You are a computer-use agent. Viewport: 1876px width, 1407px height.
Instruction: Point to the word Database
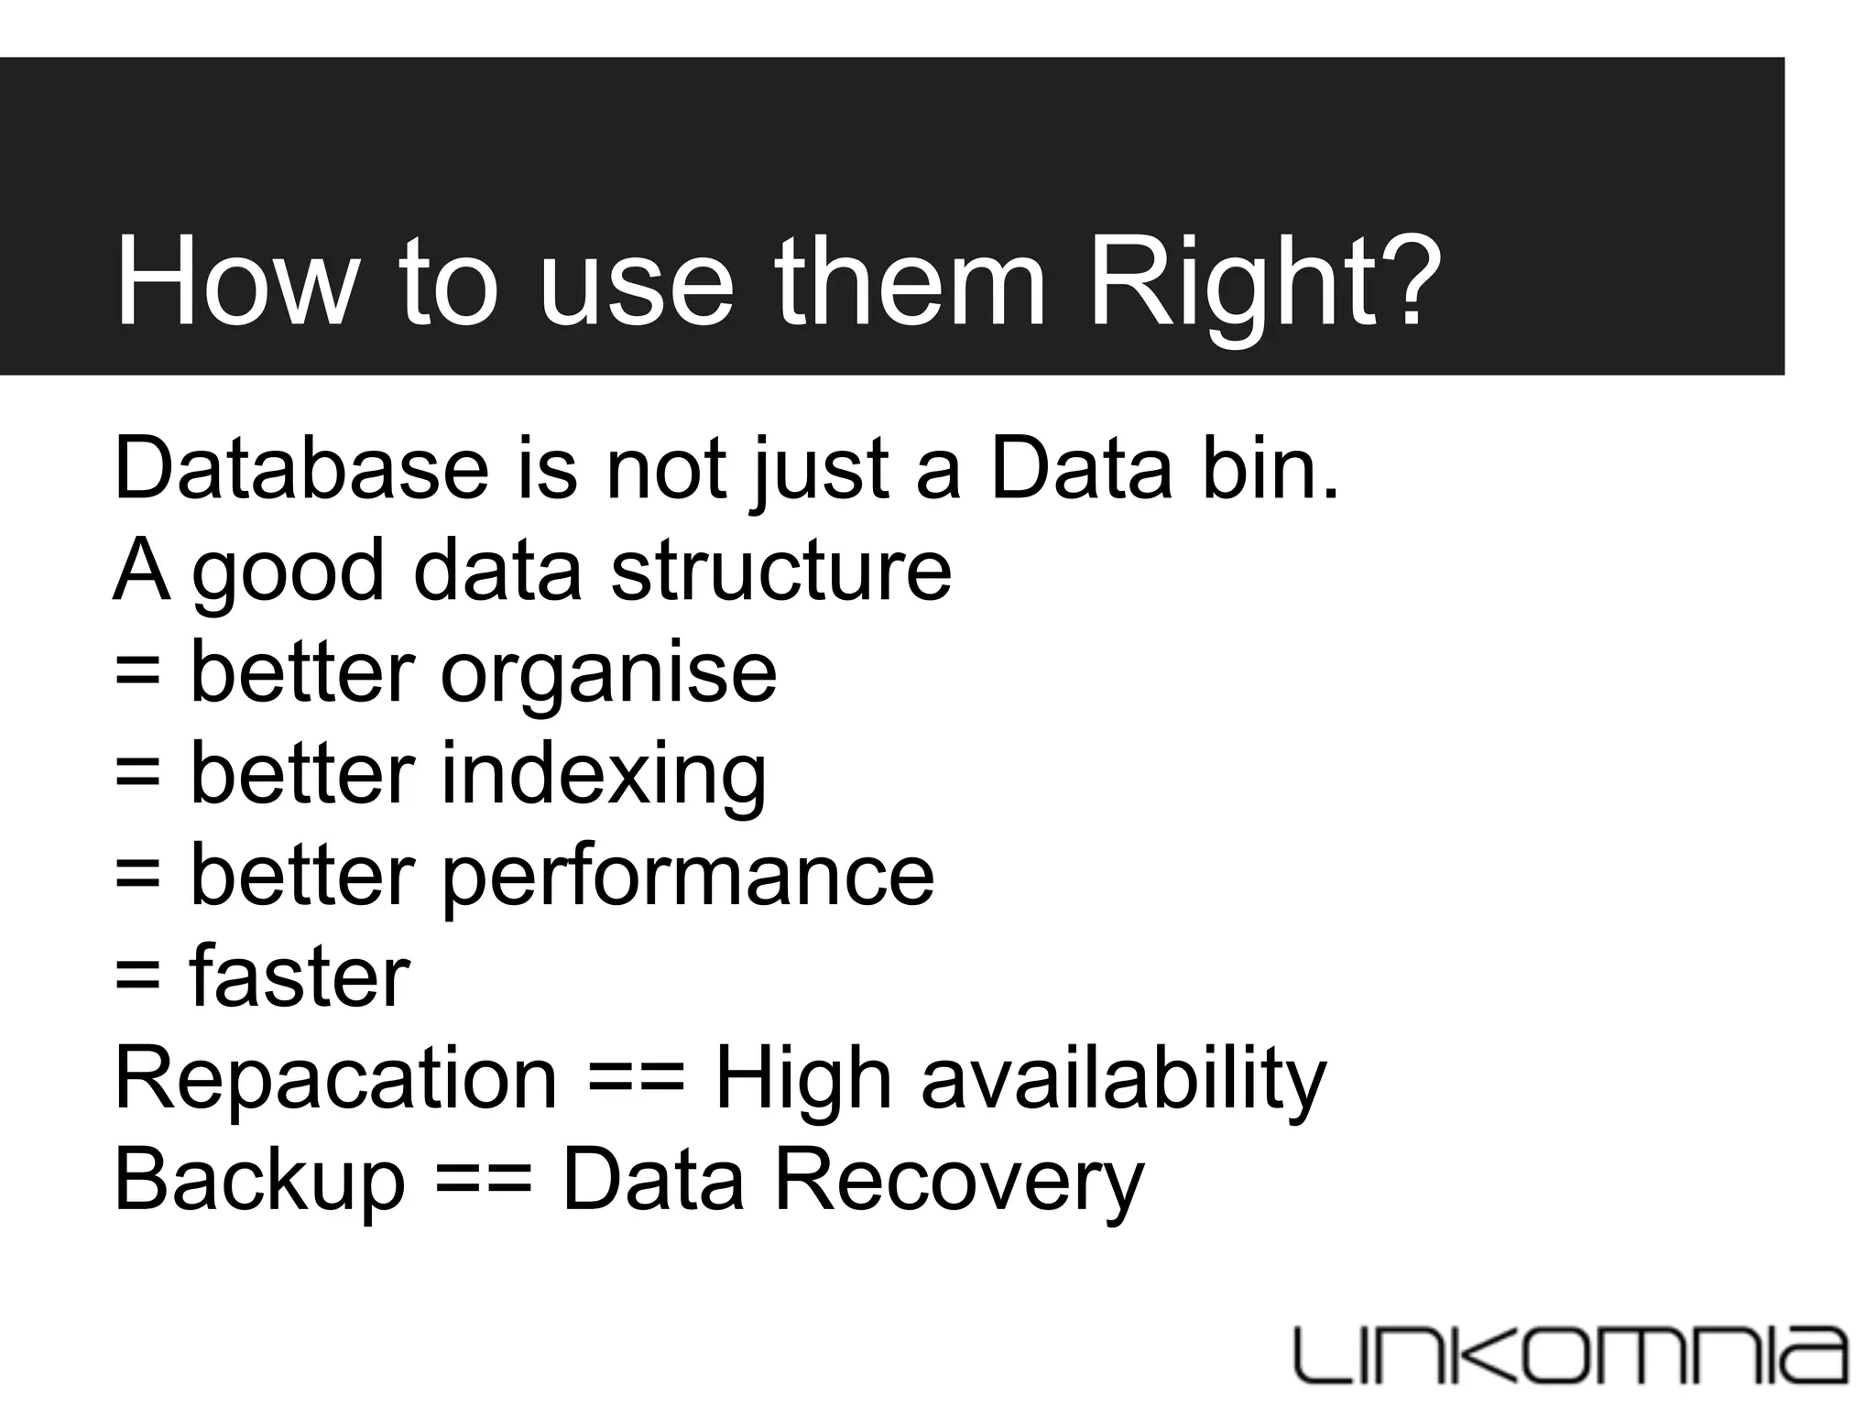click(301, 469)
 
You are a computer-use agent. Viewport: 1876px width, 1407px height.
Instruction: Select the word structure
click(780, 571)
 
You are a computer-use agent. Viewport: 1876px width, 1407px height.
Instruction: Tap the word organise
click(608, 673)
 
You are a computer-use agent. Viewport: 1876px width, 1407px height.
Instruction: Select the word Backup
click(259, 1181)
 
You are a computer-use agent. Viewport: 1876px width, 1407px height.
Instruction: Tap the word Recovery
click(959, 1181)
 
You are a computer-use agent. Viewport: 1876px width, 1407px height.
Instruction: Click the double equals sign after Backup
click(483, 1181)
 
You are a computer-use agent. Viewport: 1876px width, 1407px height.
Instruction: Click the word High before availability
click(802, 1079)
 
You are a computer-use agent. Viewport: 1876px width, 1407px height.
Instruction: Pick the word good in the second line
click(288, 571)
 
